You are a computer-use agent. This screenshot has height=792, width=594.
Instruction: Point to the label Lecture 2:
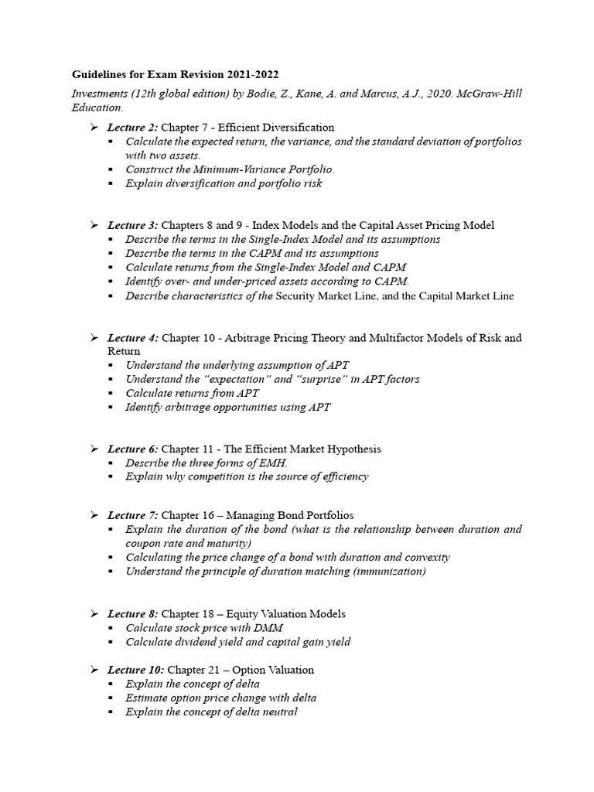(x=132, y=127)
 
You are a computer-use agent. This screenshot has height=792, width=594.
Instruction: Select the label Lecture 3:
(x=132, y=225)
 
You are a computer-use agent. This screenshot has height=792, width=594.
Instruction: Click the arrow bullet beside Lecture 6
(x=94, y=449)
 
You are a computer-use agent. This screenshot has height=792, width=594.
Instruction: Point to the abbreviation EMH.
(x=273, y=463)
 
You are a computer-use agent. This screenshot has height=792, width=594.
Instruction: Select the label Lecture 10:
(x=135, y=670)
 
